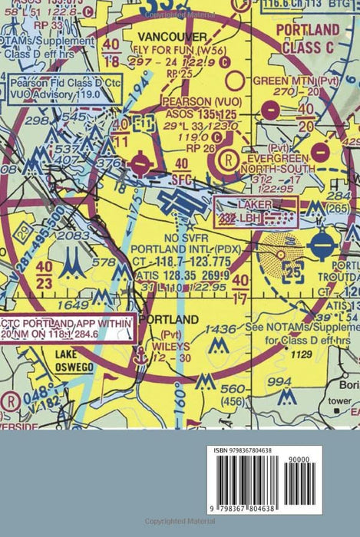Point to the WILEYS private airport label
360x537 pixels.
(x=177, y=347)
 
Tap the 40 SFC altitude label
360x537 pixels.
(x=181, y=168)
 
